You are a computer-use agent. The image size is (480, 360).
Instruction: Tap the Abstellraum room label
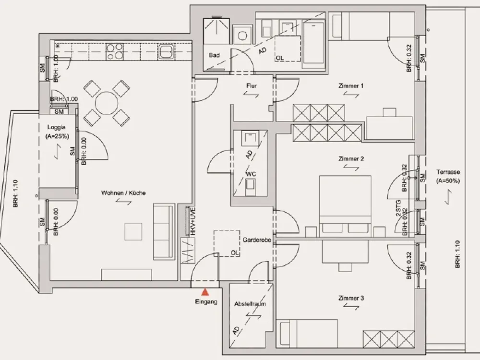click(250, 304)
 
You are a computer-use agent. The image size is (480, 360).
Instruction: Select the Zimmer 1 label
click(351, 86)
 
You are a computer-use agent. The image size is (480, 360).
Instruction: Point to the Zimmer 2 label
click(351, 159)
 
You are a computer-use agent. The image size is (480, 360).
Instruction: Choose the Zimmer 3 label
click(351, 298)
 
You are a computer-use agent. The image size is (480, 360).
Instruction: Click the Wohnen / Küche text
click(123, 193)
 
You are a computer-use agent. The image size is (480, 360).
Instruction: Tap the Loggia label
click(56, 127)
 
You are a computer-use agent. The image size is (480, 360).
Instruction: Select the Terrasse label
click(448, 172)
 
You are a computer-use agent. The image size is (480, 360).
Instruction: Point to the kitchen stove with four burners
click(114, 51)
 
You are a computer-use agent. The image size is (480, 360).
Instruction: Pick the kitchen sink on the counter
click(166, 52)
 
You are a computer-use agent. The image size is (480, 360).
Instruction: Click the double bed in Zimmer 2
click(345, 206)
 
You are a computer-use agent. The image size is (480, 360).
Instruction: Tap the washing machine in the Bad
click(242, 36)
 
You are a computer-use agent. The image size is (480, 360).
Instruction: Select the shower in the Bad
click(216, 30)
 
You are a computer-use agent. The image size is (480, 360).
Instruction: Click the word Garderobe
click(257, 240)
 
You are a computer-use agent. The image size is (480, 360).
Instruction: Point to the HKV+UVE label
click(192, 222)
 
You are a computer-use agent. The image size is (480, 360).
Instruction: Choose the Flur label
click(252, 86)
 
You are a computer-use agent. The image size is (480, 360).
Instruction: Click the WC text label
click(251, 174)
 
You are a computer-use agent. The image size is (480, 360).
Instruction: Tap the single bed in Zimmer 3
click(307, 334)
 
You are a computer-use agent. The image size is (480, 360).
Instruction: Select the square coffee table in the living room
click(133, 231)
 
